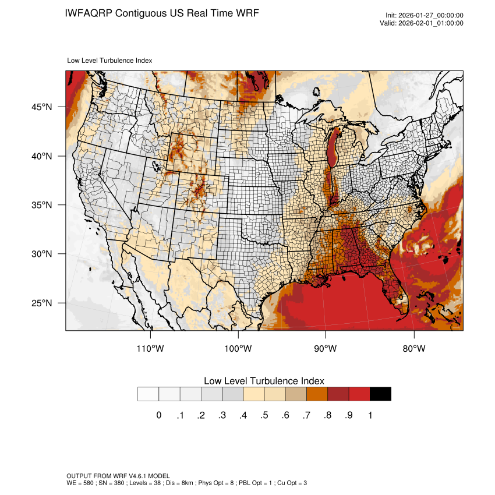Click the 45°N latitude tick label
tap(42, 107)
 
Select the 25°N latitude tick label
tap(42, 303)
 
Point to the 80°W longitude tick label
tap(413, 349)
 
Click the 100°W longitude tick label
tap(238, 349)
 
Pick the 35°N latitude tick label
tap(42, 205)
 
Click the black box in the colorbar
tap(380, 394)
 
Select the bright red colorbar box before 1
tap(359, 394)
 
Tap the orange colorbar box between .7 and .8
tap(317, 394)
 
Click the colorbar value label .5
tap(264, 415)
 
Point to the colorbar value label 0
tap(158, 415)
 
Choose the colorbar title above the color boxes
tap(264, 381)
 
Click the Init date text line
tap(425, 16)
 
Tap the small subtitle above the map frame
tap(110, 60)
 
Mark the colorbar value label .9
tap(348, 415)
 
